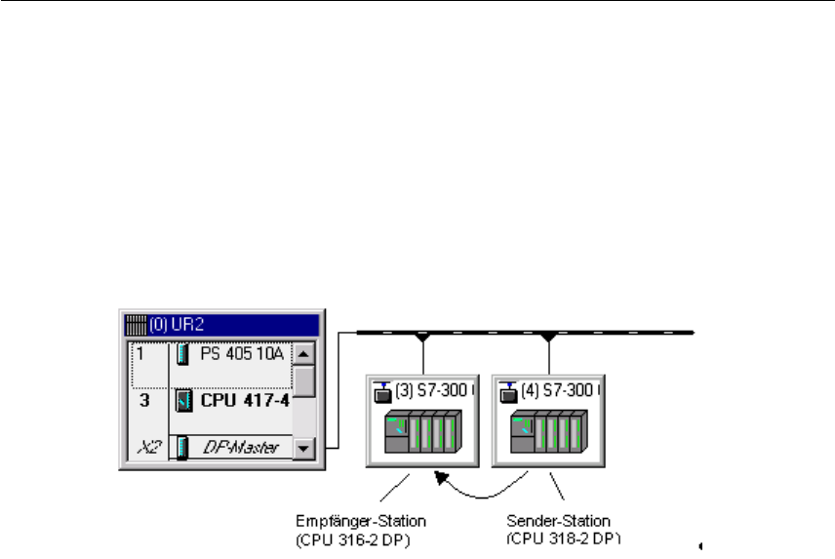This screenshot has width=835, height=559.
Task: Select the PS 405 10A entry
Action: tap(239, 354)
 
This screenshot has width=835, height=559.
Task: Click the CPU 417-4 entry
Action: tap(242, 400)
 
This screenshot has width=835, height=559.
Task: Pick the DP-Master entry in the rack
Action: tap(241, 447)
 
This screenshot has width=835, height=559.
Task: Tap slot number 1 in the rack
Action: tap(141, 354)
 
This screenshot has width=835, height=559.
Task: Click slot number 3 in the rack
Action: tap(143, 400)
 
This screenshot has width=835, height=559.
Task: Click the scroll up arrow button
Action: tap(304, 354)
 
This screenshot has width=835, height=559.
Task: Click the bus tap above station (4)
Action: tap(549, 338)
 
